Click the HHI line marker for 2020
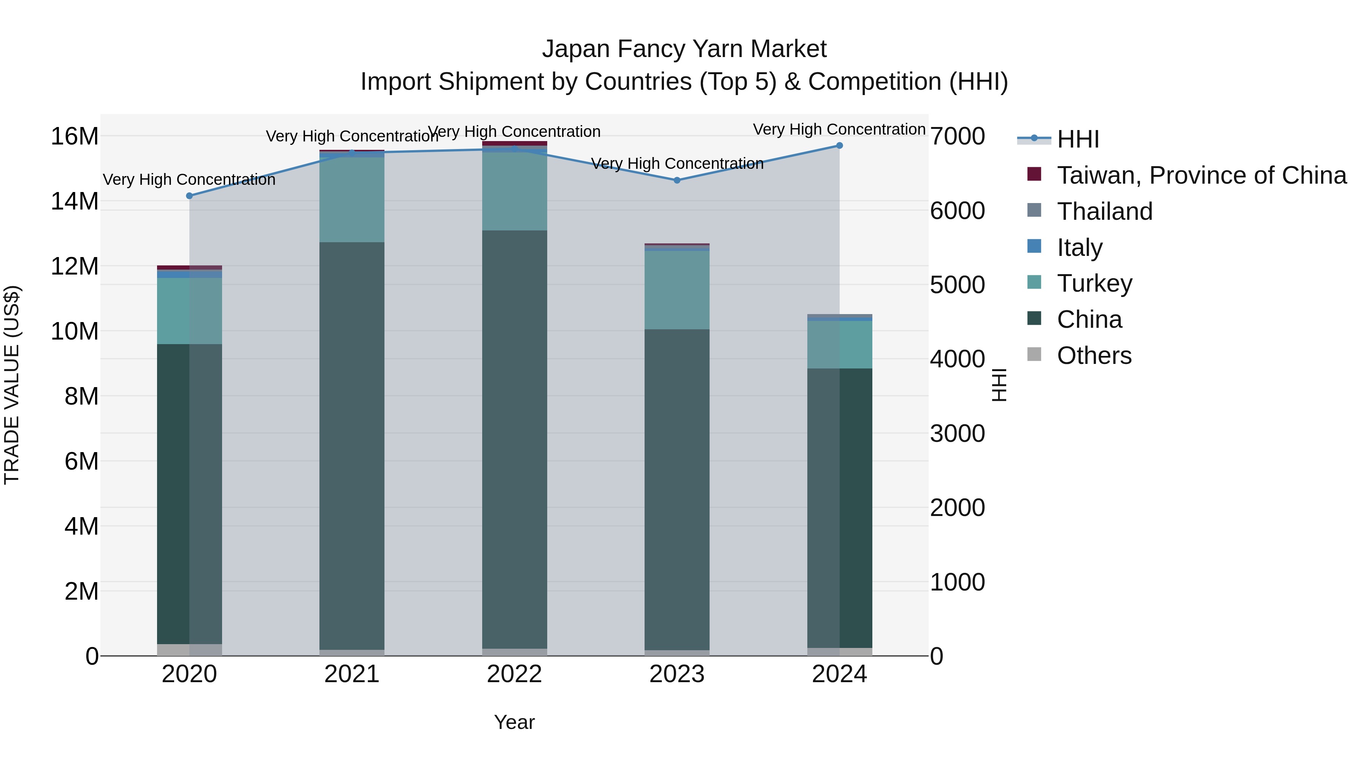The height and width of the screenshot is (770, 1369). tap(189, 195)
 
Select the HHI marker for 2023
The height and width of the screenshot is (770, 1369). tap(677, 180)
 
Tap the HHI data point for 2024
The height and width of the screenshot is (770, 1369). tap(839, 146)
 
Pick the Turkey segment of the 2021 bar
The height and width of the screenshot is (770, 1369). tap(352, 200)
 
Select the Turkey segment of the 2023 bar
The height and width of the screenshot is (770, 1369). tap(677, 290)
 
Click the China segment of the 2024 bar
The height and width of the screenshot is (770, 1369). tap(839, 508)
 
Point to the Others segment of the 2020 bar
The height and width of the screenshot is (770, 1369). tap(189, 650)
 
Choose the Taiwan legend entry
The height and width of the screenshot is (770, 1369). tap(1201, 175)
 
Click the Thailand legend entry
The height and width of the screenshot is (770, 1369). tap(1104, 211)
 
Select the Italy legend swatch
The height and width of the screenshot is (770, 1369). tap(1034, 246)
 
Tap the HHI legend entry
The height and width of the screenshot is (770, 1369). tap(1078, 139)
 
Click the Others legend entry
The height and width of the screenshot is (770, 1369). tap(1094, 356)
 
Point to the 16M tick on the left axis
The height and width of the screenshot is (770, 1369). tap(75, 137)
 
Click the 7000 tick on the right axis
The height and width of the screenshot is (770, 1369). tap(957, 137)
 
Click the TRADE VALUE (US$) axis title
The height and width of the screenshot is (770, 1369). tap(12, 385)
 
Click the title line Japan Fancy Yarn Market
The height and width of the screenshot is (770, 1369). tap(684, 49)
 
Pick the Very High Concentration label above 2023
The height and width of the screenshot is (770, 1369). tap(677, 163)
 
